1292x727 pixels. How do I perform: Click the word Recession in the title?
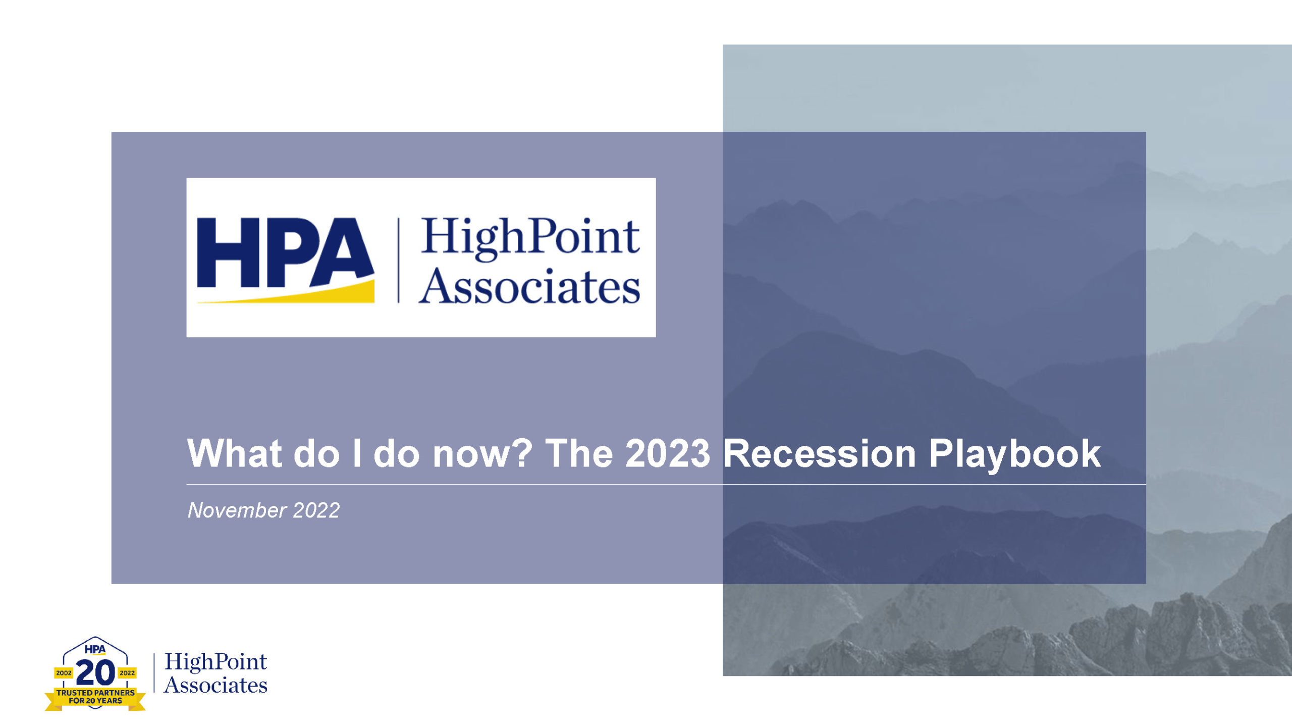[819, 453]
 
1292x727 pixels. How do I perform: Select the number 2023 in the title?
[667, 453]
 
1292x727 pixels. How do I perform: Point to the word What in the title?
[234, 453]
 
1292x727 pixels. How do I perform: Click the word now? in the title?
[482, 453]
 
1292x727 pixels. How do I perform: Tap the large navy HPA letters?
[286, 252]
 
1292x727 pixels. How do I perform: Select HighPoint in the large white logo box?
[530, 238]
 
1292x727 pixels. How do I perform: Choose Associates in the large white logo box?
[529, 286]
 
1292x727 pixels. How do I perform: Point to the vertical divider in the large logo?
[398, 260]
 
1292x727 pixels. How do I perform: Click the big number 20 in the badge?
[95, 672]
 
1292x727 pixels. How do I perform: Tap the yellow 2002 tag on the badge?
[64, 673]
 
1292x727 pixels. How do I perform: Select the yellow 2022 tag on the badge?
[127, 673]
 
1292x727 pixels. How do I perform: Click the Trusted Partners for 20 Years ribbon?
[95, 697]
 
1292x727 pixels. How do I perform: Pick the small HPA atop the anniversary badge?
[95, 649]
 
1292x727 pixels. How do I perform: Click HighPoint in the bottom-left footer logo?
[216, 662]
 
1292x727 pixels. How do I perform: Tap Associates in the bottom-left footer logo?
[216, 685]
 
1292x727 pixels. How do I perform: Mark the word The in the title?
[579, 453]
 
